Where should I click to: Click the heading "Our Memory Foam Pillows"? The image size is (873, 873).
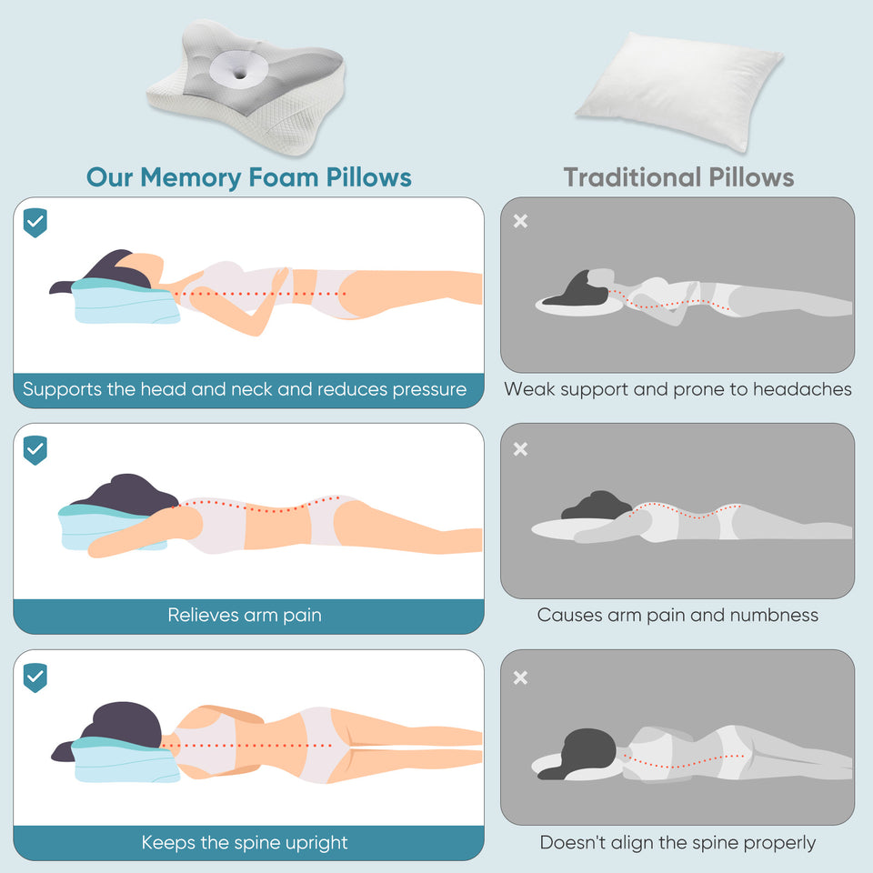point(248,176)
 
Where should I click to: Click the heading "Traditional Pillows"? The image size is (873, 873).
point(678,176)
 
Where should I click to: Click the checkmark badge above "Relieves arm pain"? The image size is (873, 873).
point(35,449)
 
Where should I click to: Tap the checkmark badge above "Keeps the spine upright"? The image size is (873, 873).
point(35,677)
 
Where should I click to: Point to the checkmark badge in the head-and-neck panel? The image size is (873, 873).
point(35,222)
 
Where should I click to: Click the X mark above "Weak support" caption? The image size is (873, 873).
point(520,221)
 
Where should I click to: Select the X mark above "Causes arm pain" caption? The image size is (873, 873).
point(520,449)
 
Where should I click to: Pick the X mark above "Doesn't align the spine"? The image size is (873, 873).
point(520,677)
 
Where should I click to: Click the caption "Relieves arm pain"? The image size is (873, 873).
point(245,616)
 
